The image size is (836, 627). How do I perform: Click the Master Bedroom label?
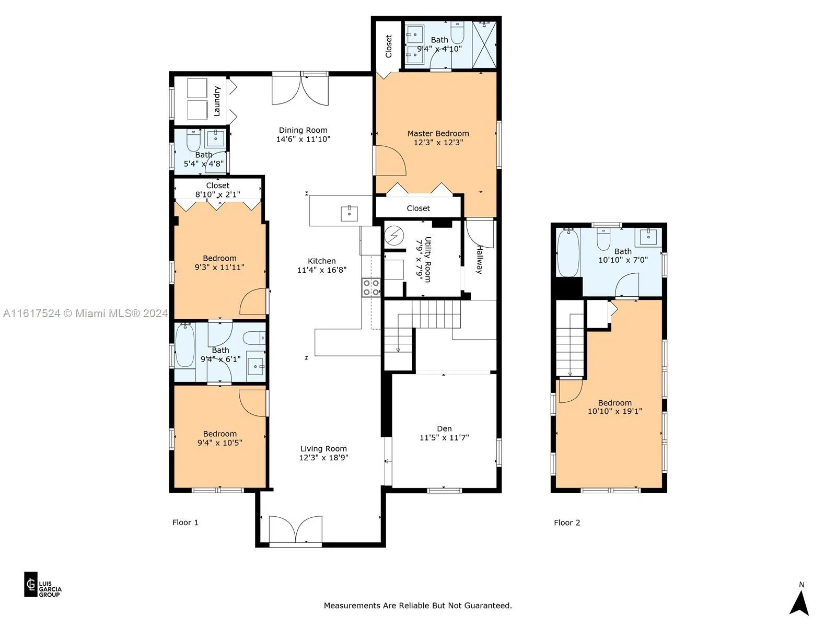pyautogui.click(x=438, y=134)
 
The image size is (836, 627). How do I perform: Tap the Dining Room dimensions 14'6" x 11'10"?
pyautogui.click(x=303, y=140)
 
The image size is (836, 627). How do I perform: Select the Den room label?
pyautogui.click(x=444, y=428)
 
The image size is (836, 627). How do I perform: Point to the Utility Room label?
pyautogui.click(x=428, y=259)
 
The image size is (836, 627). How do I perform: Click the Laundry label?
pyautogui.click(x=217, y=101)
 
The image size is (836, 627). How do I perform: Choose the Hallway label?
pyautogui.click(x=479, y=260)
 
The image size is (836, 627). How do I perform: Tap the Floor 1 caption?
pyautogui.click(x=185, y=522)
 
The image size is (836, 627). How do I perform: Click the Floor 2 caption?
pyautogui.click(x=567, y=522)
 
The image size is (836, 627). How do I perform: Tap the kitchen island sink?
pyautogui.click(x=349, y=213)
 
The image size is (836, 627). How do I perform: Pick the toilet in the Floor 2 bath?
pyautogui.click(x=603, y=239)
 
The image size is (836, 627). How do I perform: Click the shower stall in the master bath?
pyautogui.click(x=484, y=45)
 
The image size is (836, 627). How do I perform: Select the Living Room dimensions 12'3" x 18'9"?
pyautogui.click(x=323, y=458)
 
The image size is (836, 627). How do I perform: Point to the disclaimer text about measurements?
pyautogui.click(x=418, y=605)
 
